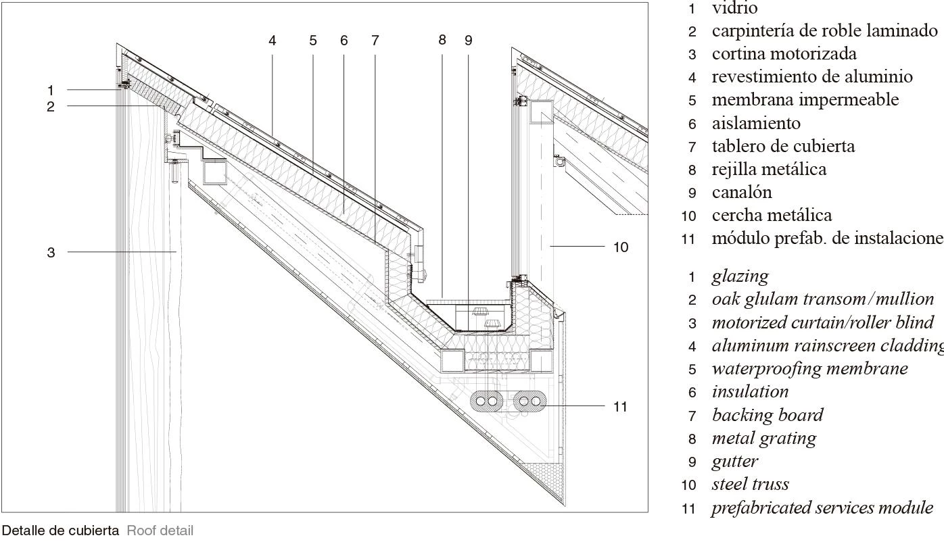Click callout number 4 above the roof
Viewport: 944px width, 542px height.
[x=273, y=41]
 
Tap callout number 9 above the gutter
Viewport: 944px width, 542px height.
[x=468, y=41]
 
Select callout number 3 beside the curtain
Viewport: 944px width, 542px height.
[x=51, y=253]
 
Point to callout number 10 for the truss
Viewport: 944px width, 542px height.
[x=620, y=247]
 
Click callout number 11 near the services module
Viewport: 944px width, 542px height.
[x=620, y=407]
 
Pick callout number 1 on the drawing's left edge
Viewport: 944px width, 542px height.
[x=51, y=90]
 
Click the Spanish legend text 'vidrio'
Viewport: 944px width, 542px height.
[x=734, y=9]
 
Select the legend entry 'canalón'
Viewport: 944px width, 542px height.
[x=741, y=193]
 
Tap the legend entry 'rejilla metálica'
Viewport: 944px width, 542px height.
[x=769, y=169]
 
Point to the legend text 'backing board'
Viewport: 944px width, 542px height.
[x=767, y=415]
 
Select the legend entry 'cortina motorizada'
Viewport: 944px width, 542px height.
[x=784, y=54]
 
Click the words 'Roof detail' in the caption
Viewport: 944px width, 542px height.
[x=160, y=531]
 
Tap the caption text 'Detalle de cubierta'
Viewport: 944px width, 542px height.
[x=61, y=531]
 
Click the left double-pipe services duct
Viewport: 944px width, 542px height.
[x=486, y=401]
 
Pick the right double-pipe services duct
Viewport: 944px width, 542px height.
[x=529, y=401]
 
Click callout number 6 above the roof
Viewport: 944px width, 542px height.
[x=344, y=41]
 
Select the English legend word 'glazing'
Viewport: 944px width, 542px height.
[x=740, y=276]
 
